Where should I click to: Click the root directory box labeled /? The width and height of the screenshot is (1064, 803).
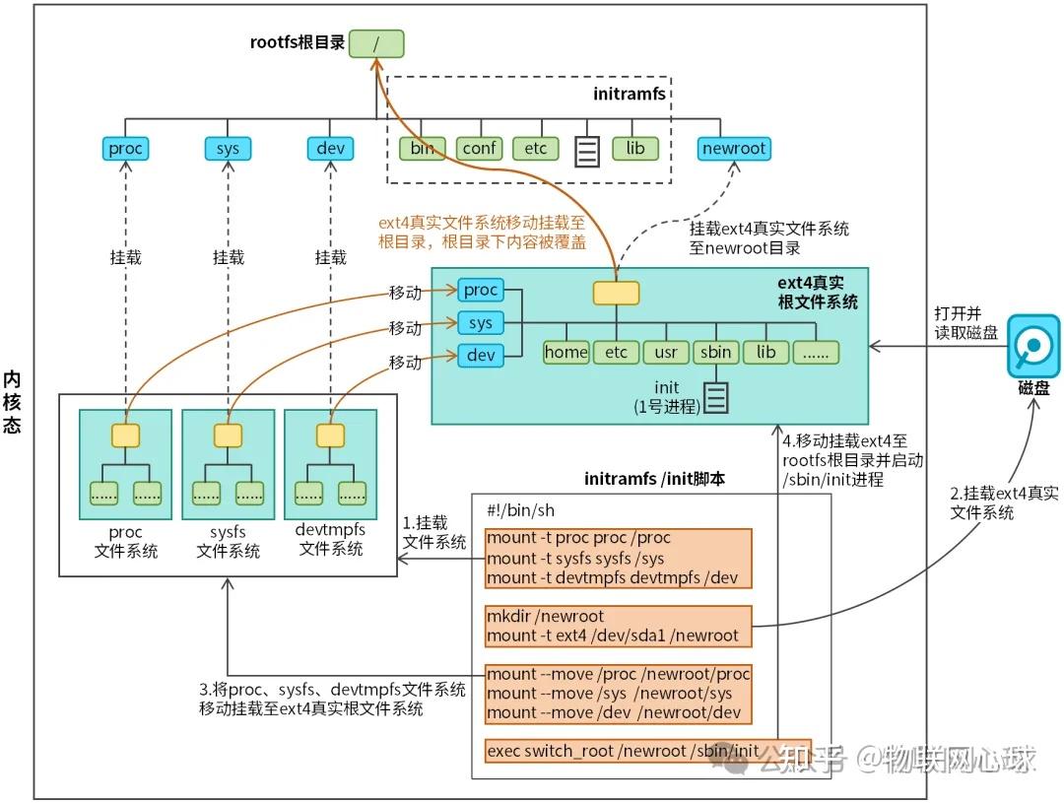click(375, 43)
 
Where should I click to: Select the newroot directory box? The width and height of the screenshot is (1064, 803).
click(733, 149)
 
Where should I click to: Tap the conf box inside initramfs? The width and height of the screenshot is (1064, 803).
click(479, 149)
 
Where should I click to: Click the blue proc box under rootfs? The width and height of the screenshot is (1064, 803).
click(126, 149)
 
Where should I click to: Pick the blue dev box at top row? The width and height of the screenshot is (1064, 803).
click(330, 149)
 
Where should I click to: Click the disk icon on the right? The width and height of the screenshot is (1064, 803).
click(1032, 346)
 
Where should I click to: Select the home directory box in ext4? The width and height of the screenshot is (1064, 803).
click(565, 352)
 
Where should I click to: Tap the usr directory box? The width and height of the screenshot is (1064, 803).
click(666, 352)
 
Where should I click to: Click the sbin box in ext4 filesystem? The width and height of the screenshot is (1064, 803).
click(716, 352)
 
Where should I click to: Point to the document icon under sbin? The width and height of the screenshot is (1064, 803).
click(715, 397)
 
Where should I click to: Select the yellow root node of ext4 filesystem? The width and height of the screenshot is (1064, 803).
click(616, 293)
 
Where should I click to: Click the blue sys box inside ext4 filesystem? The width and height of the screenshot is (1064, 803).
click(480, 323)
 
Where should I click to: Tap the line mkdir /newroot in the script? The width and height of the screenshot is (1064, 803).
click(545, 617)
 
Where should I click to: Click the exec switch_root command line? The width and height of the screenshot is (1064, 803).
click(623, 751)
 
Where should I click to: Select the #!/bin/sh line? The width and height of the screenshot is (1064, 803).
click(520, 509)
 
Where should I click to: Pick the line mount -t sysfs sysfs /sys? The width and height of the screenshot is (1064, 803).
click(575, 559)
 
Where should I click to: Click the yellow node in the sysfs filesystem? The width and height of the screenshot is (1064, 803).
click(228, 435)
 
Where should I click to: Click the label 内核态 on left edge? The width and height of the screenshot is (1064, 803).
click(12, 402)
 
